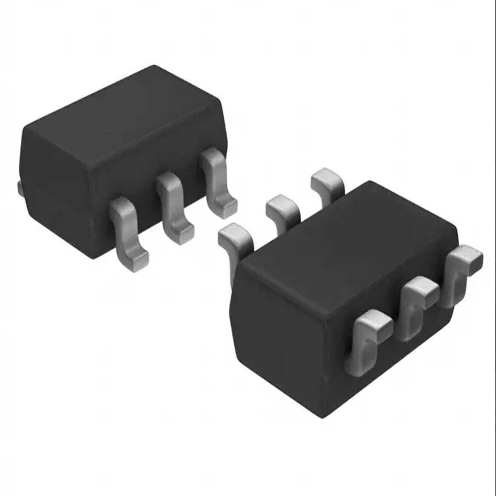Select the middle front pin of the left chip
click(172, 205)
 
